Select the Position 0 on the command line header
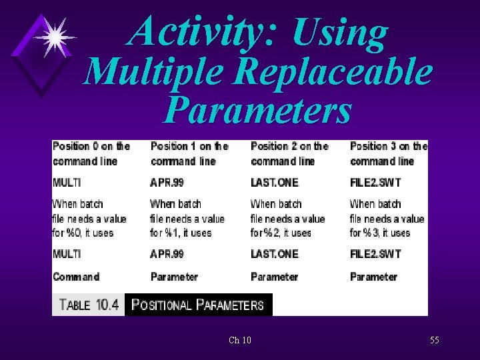coord(91,153)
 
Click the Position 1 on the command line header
coord(189,153)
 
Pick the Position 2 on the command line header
coord(289,153)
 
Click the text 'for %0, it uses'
coord(83,233)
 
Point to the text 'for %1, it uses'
coord(181,233)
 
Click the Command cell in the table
coord(76,277)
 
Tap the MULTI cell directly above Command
coord(67,254)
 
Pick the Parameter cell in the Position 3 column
coord(373,277)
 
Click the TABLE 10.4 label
coord(89,305)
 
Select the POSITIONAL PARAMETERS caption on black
coord(198,305)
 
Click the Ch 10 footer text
coord(239,341)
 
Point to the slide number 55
coord(434,341)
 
